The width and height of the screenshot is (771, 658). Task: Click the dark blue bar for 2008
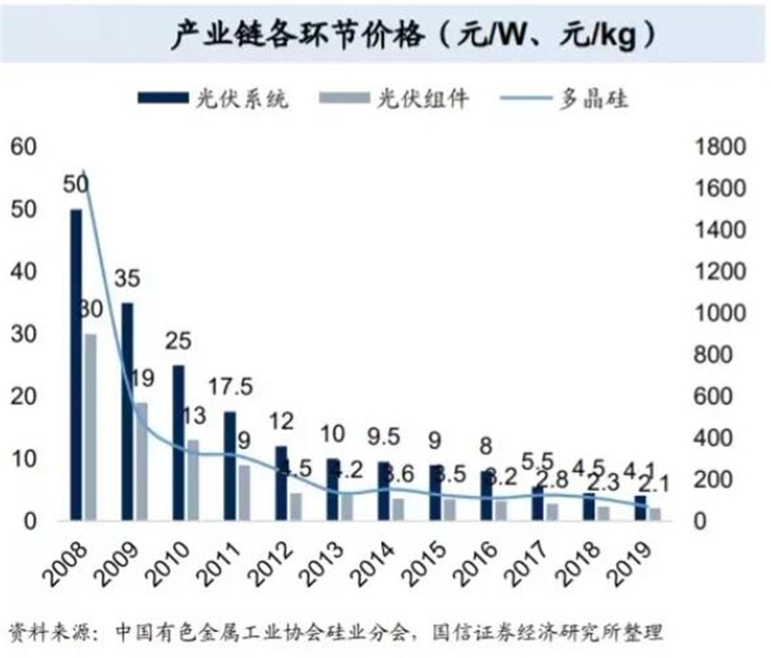pos(75,364)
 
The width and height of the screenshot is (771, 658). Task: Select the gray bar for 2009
pos(140,461)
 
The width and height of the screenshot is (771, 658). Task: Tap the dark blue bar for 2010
pos(178,442)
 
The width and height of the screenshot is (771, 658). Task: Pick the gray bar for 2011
pos(244,492)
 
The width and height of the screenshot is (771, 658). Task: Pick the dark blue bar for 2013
pos(332,489)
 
